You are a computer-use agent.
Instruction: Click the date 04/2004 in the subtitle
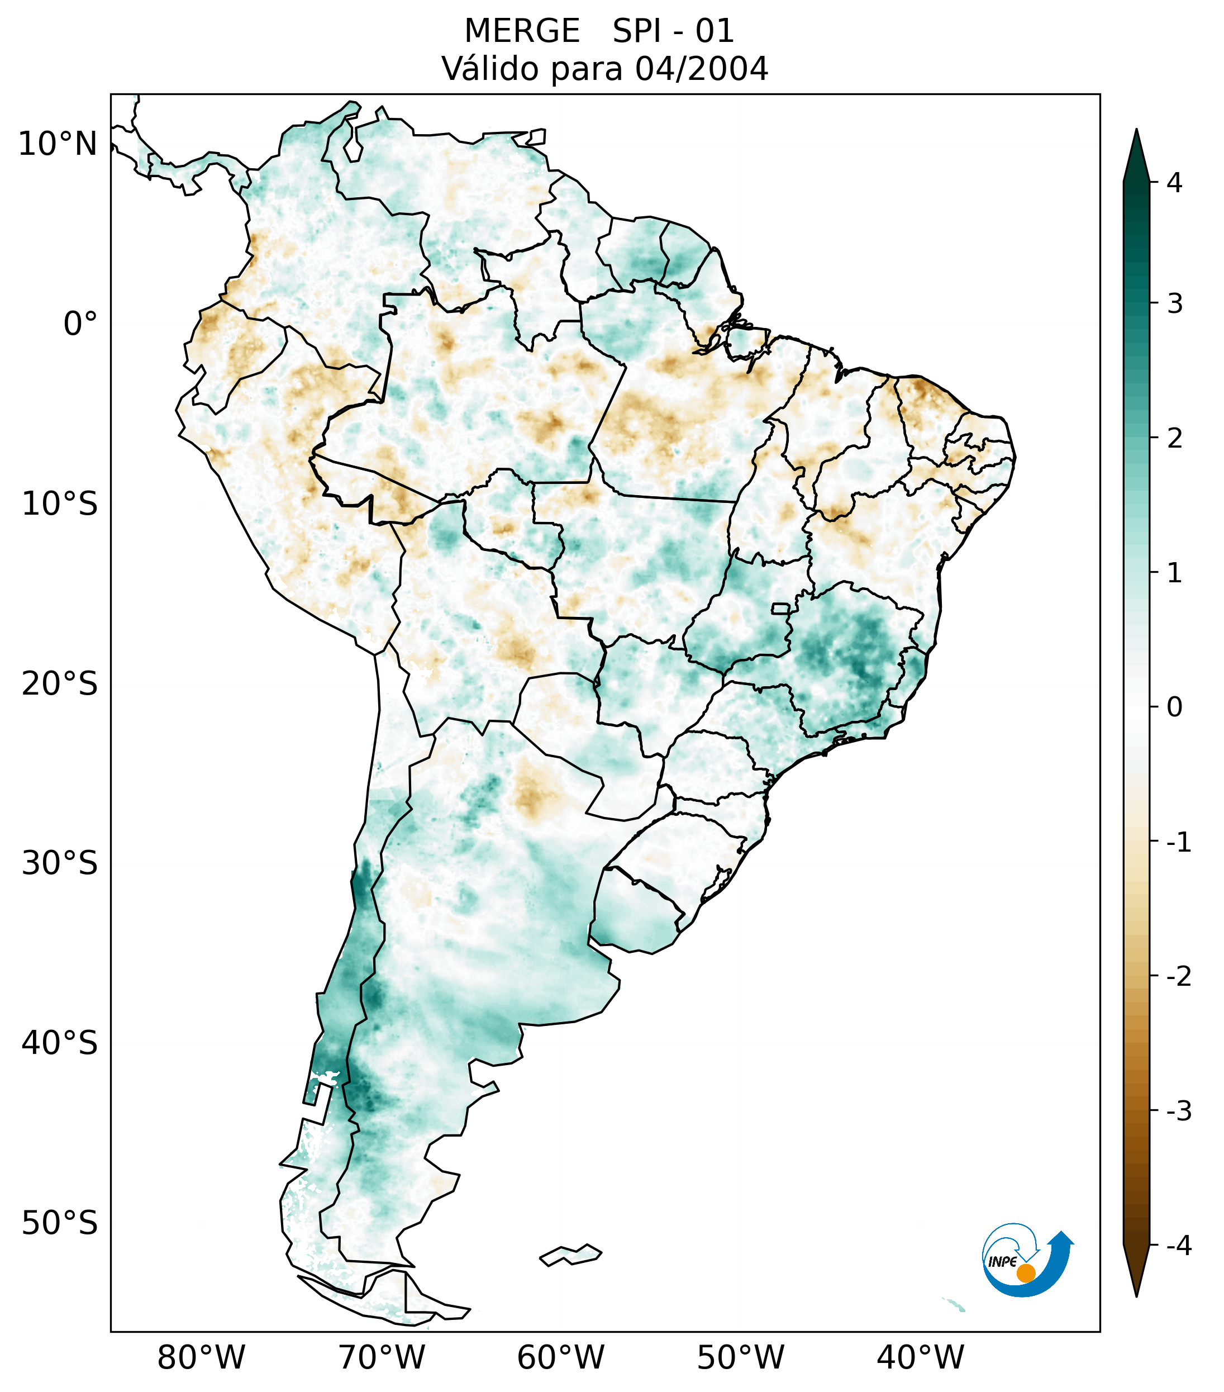click(701, 69)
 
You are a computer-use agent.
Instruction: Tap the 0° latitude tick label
click(80, 324)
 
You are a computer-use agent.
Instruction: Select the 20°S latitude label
click(60, 684)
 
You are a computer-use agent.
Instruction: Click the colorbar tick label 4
click(1174, 183)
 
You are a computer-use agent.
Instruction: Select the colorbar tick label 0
click(1174, 707)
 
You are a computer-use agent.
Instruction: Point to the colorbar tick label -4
click(1178, 1246)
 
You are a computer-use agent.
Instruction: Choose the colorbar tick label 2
click(1174, 439)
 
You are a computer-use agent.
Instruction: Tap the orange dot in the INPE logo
click(1025, 1273)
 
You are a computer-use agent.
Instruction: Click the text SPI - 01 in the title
click(673, 31)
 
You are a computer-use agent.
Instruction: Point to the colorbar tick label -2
click(1178, 977)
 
